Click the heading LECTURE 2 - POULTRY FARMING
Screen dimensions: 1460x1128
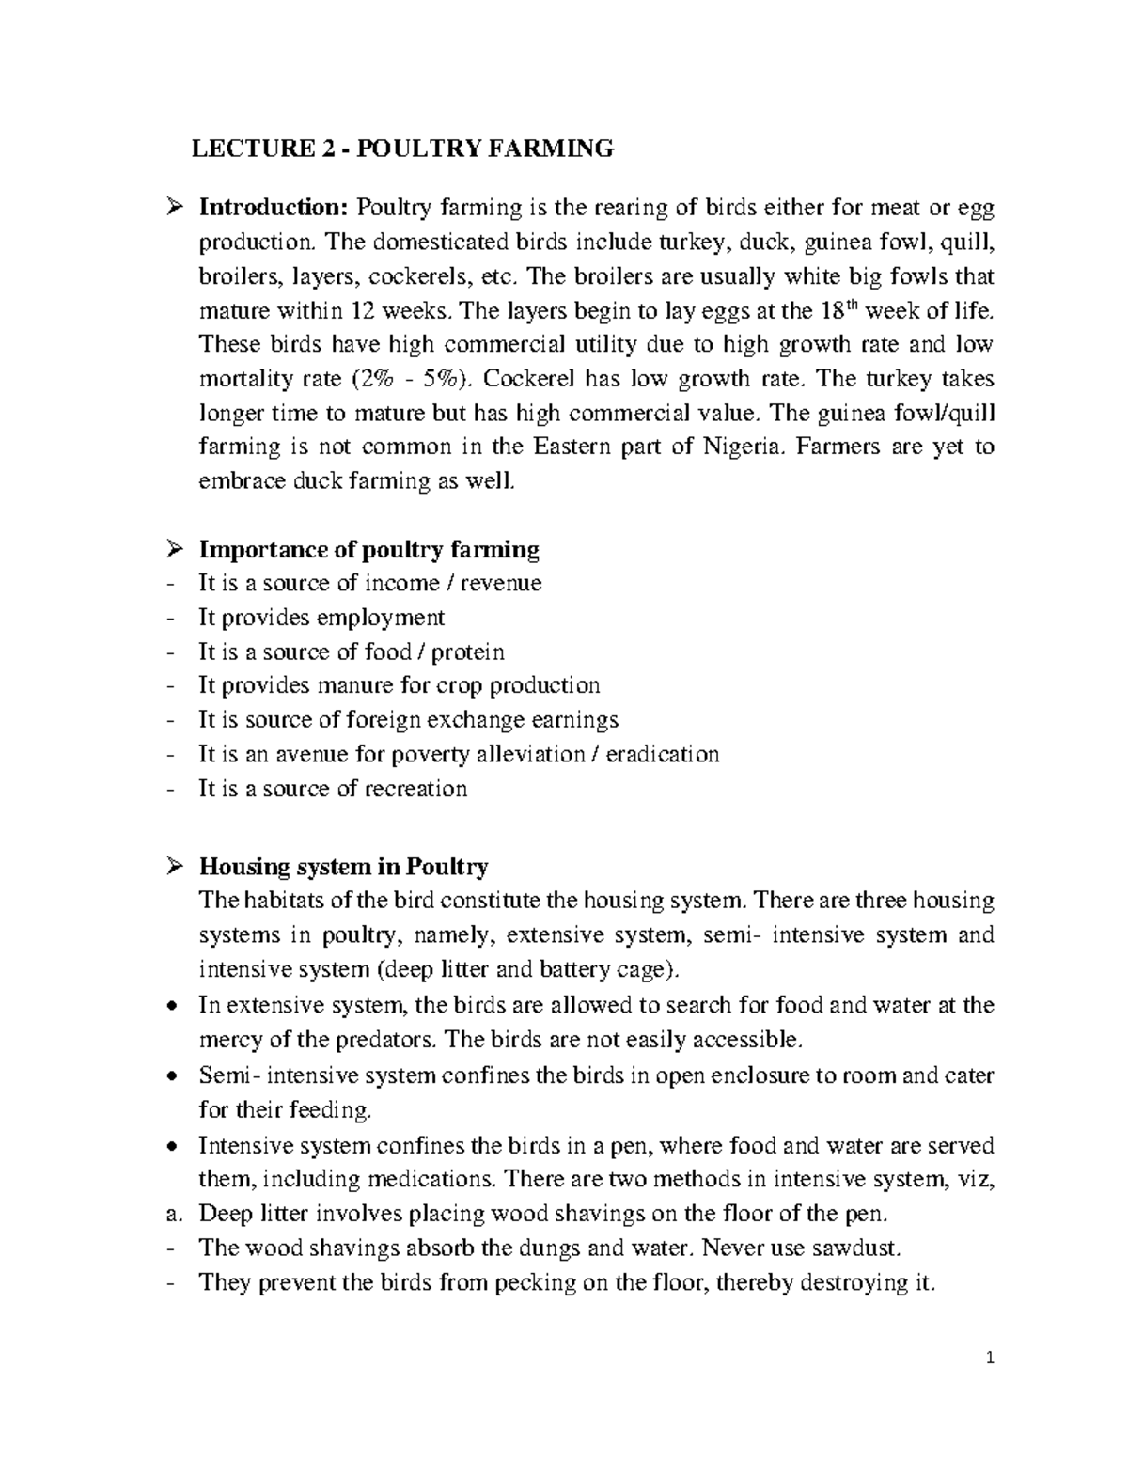click(402, 149)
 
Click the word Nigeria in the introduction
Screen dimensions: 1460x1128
click(742, 447)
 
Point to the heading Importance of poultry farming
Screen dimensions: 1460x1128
click(368, 549)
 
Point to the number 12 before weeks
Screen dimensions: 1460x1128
click(361, 310)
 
